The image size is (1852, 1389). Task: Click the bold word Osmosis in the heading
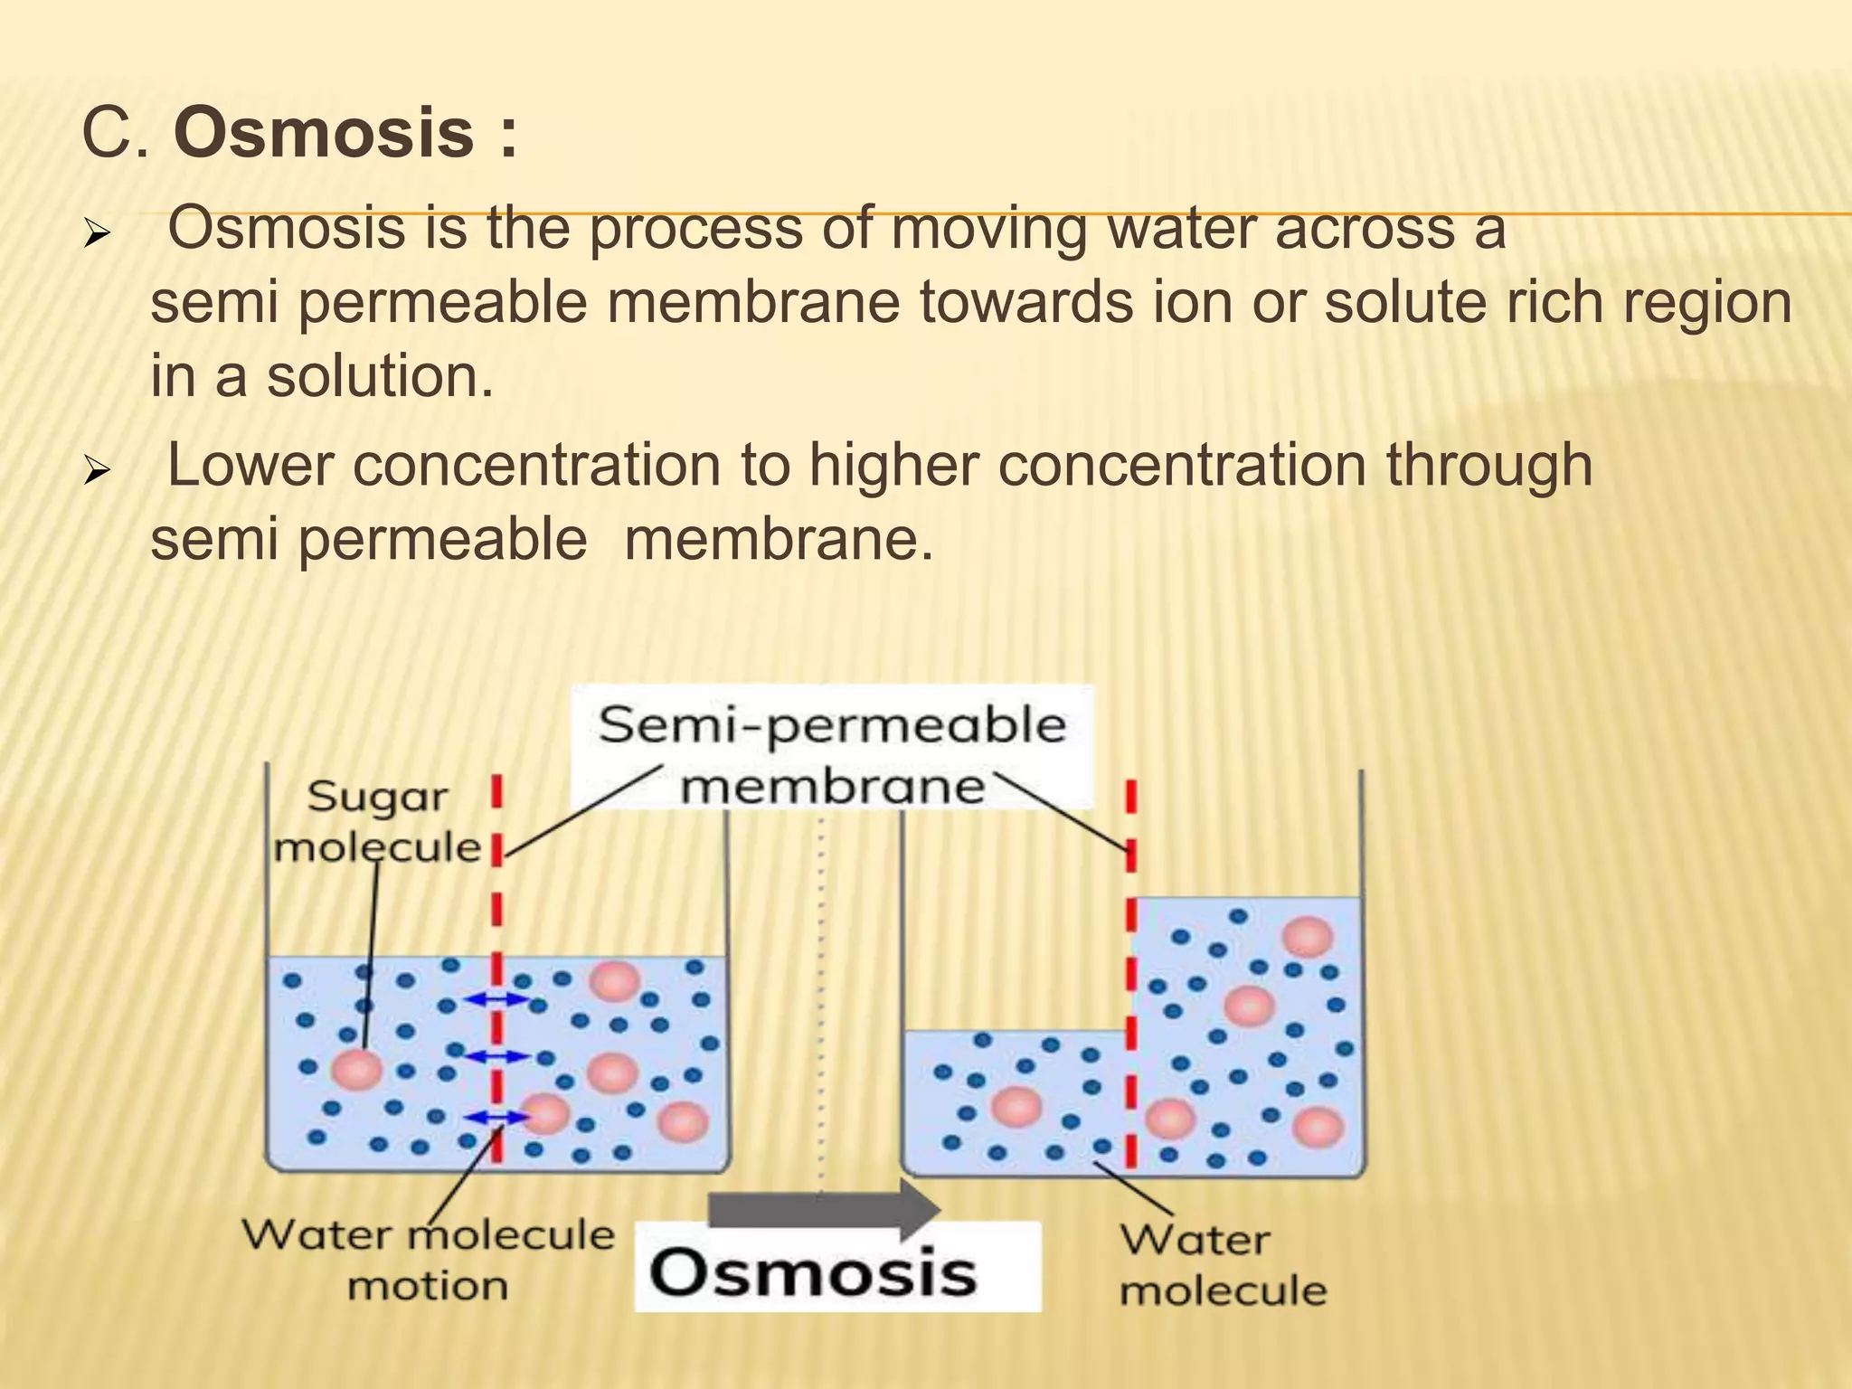(324, 133)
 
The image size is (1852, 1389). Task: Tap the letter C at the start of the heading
(108, 133)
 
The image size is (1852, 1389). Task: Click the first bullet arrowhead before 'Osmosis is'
(96, 236)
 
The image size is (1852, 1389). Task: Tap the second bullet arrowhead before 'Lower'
(96, 472)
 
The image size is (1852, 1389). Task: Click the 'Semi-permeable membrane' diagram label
(832, 754)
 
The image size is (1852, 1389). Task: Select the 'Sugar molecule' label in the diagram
(377, 822)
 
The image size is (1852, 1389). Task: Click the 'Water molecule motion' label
(428, 1259)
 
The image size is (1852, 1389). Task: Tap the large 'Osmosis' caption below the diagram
(814, 1273)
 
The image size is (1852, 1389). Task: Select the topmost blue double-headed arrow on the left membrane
(496, 998)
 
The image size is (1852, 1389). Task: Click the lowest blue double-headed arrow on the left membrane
(496, 1117)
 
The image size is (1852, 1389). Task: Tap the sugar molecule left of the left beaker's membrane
(357, 1070)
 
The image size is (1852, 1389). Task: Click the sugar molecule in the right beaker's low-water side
(1017, 1107)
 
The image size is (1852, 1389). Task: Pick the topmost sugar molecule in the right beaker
(1308, 936)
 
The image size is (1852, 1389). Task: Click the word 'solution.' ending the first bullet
(380, 376)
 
